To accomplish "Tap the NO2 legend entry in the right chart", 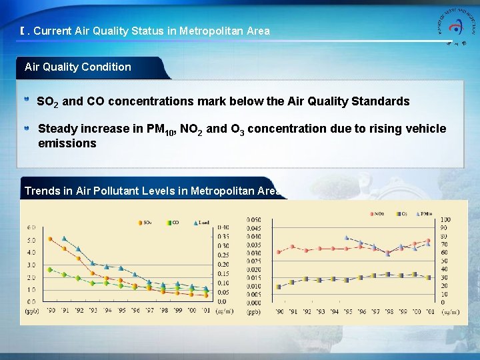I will (377, 214).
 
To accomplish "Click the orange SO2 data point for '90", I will (50, 239).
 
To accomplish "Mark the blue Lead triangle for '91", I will (64, 239).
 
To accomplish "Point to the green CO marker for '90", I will (50, 269).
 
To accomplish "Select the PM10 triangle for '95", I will (346, 237).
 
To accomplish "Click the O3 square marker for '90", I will (278, 287).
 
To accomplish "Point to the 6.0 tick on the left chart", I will (31, 227).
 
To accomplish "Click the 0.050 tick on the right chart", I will (254, 219).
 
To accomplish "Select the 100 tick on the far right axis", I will (445, 219).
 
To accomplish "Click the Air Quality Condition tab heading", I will (78, 67).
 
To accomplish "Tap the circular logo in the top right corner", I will (455, 27).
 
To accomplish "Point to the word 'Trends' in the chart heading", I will (41, 191).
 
